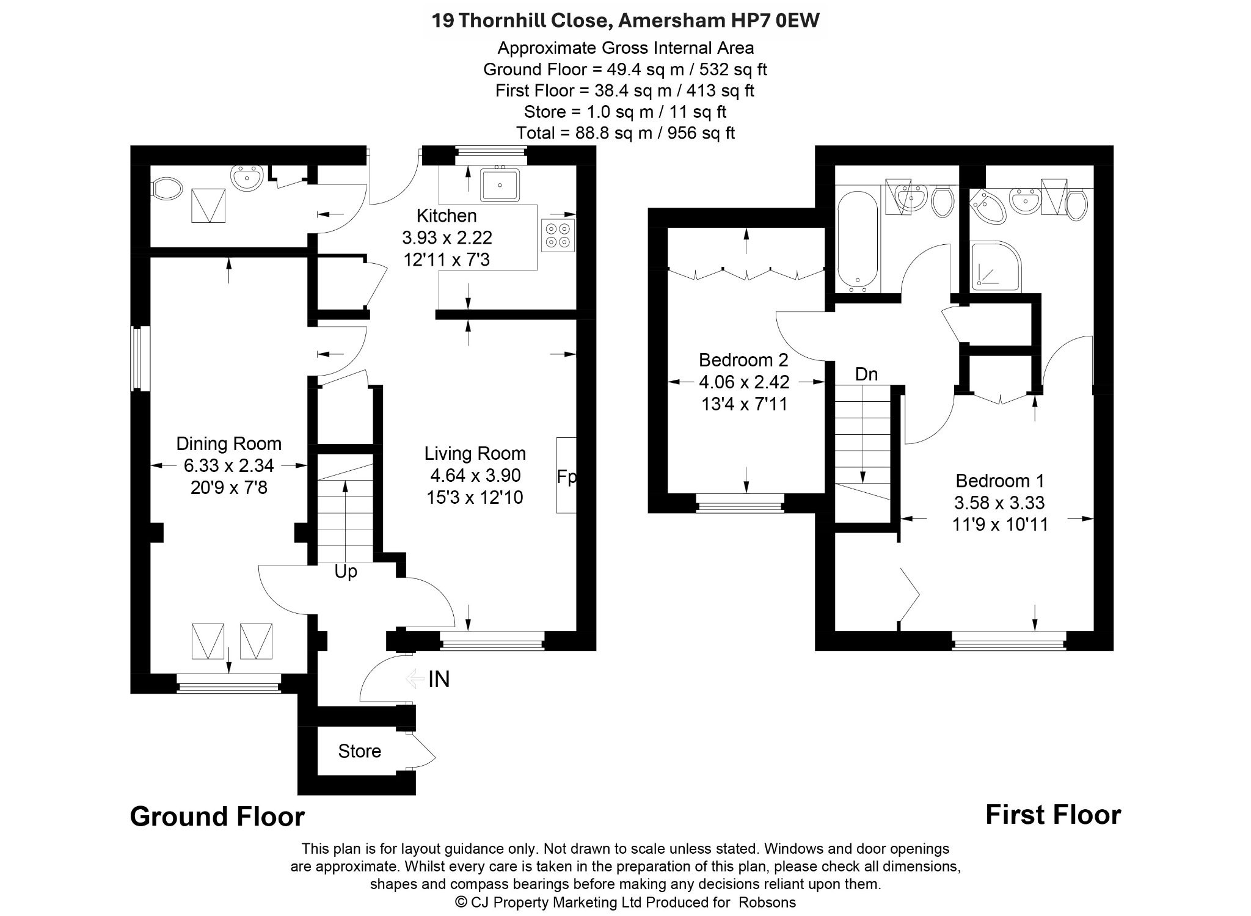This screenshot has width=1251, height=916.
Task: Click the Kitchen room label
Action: tap(447, 216)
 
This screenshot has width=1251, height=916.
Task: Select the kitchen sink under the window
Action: tap(500, 184)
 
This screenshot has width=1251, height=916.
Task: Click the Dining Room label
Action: tap(228, 443)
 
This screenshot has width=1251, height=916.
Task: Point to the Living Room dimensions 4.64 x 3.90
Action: tap(475, 475)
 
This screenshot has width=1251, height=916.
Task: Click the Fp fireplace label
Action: tap(566, 477)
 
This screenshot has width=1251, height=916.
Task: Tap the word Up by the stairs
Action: tap(346, 572)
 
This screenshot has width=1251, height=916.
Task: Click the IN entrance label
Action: tap(439, 679)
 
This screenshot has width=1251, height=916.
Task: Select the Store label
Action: tap(360, 751)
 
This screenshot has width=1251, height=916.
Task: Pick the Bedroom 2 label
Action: tap(743, 360)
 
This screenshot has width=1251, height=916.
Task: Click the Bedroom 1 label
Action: tap(1000, 481)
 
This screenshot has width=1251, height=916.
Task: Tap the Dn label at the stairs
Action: tap(866, 374)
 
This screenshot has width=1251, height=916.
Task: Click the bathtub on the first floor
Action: tap(858, 240)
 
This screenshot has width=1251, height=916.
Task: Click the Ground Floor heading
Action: tap(217, 816)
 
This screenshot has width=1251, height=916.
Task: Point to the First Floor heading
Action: tap(1053, 815)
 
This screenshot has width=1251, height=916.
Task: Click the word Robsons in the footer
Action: tap(767, 902)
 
